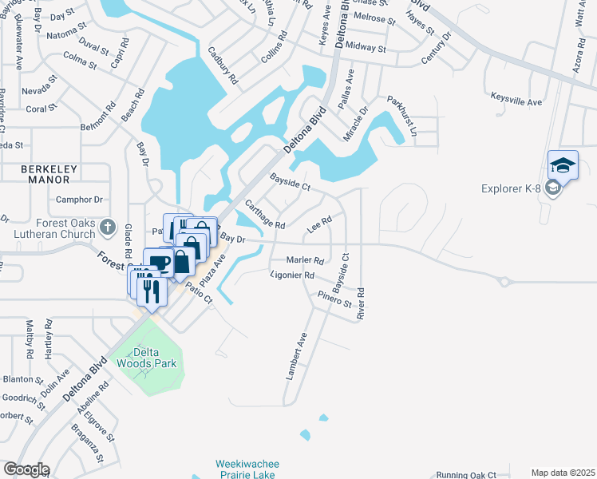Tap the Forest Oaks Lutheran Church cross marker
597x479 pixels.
(x=108, y=229)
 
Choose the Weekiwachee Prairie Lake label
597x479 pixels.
(x=246, y=469)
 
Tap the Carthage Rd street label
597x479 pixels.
(x=265, y=215)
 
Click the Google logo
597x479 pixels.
(x=26, y=469)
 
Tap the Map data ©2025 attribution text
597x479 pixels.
(x=563, y=473)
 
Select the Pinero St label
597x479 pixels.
(x=334, y=300)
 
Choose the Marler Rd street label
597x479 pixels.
(x=306, y=260)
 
